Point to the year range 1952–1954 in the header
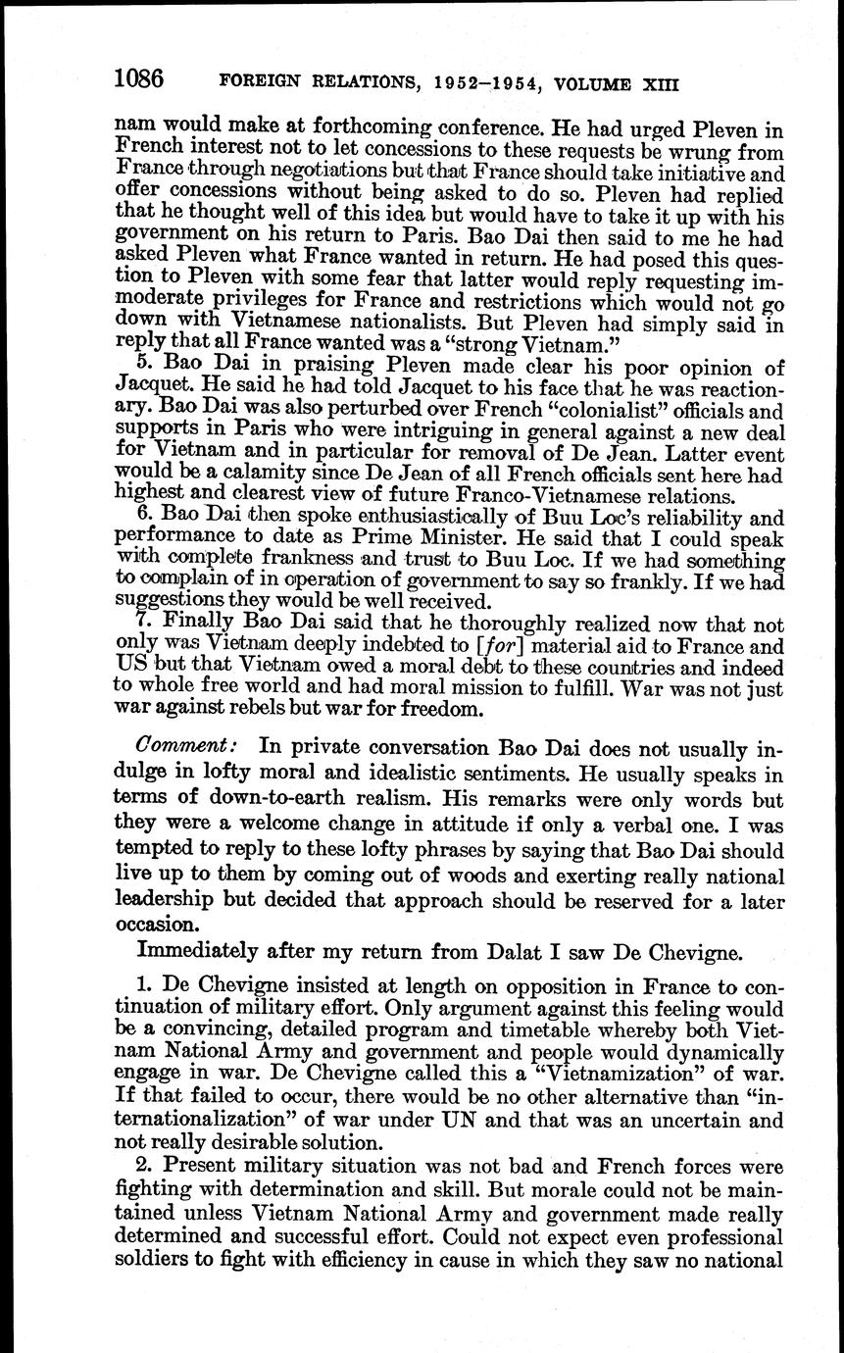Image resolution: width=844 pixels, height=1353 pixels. coord(479,82)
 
